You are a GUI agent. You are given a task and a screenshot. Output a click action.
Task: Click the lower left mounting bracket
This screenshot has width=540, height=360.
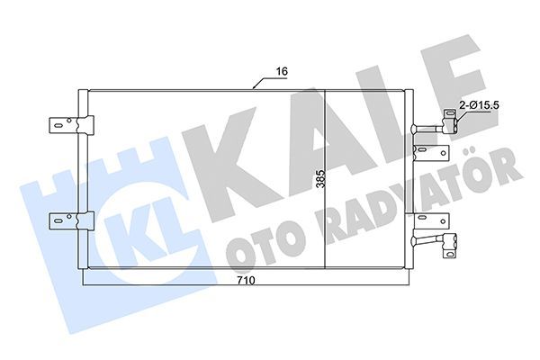(x=67, y=218)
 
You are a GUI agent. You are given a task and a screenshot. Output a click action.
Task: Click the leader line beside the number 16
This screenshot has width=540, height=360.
(x=262, y=84)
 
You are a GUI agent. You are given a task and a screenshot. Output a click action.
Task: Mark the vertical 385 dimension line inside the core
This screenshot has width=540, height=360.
(x=325, y=135)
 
